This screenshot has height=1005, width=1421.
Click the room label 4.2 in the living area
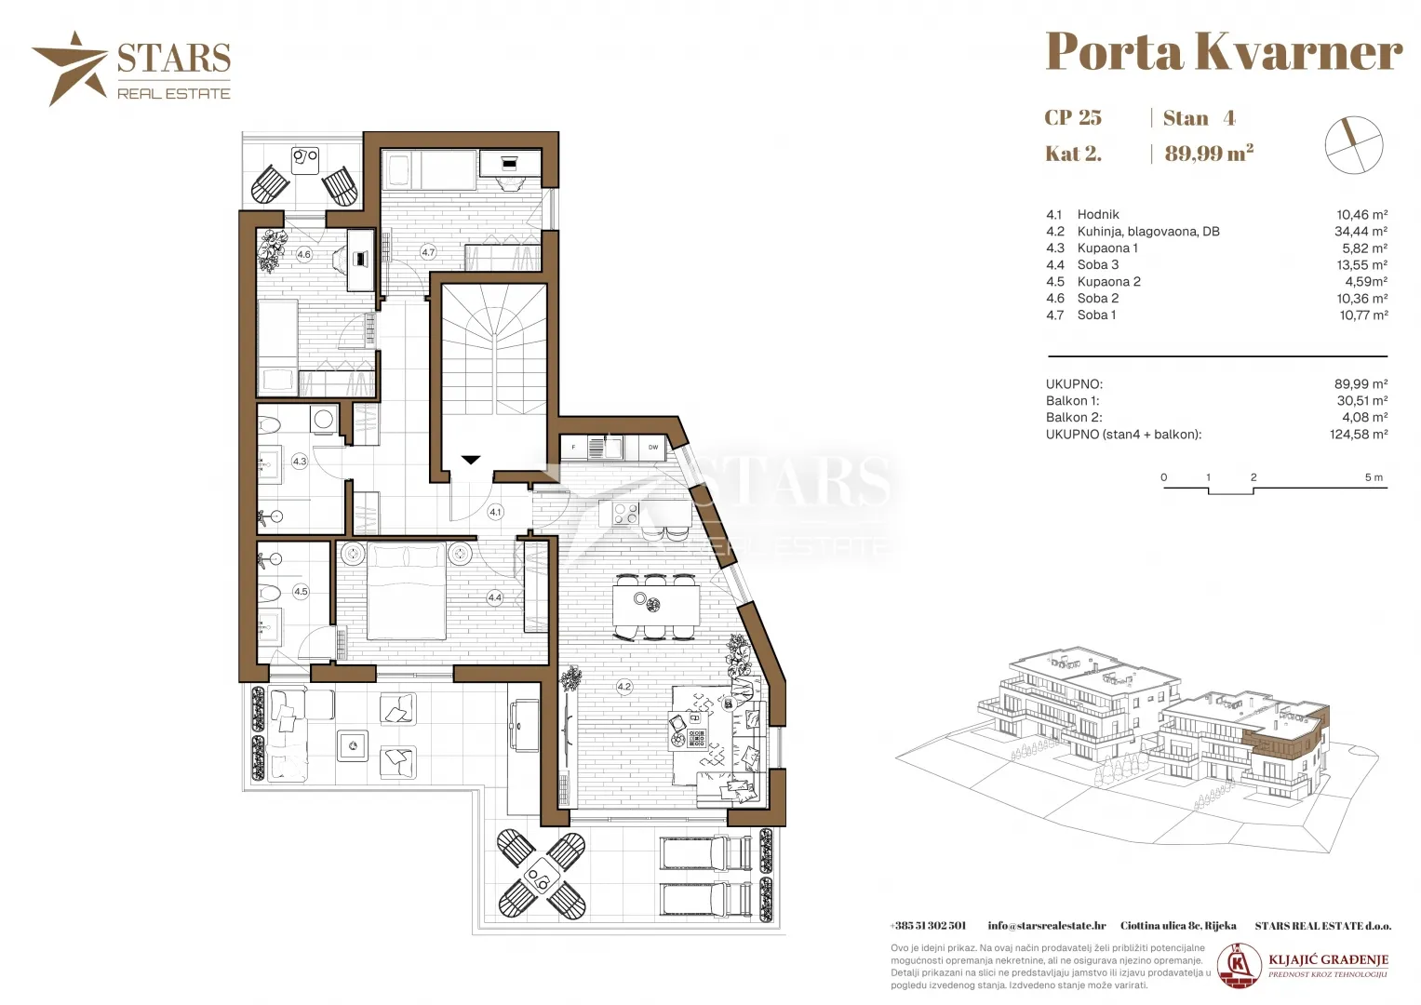tap(624, 687)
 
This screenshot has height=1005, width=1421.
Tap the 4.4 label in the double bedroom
tap(495, 597)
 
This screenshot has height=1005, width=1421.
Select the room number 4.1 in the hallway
tap(495, 512)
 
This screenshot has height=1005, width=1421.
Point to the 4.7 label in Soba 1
tap(428, 252)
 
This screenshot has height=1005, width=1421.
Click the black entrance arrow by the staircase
tap(471, 460)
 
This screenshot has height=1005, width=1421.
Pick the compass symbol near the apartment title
tap(1354, 144)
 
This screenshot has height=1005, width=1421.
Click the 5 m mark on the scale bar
tap(1374, 477)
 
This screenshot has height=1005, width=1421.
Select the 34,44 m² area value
tap(1361, 232)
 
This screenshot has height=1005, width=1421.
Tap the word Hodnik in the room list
tap(1098, 214)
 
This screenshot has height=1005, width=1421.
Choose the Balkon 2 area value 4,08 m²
tap(1364, 418)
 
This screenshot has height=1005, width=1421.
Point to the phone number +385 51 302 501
tap(928, 926)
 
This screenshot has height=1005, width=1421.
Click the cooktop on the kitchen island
tap(624, 514)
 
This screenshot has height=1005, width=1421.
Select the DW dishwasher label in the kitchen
tap(652, 448)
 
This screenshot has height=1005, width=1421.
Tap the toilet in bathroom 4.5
tap(272, 594)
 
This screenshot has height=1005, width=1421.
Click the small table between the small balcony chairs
tap(305, 160)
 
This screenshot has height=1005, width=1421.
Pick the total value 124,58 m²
tap(1359, 435)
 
